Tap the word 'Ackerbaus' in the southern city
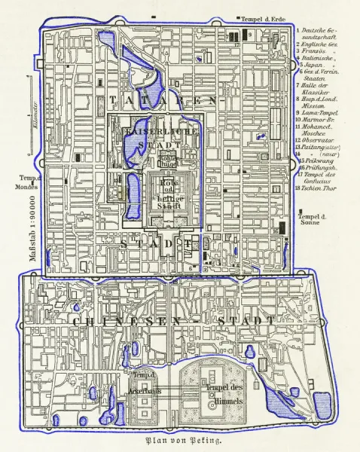tap(141, 382)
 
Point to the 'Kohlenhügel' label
tap(167, 161)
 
